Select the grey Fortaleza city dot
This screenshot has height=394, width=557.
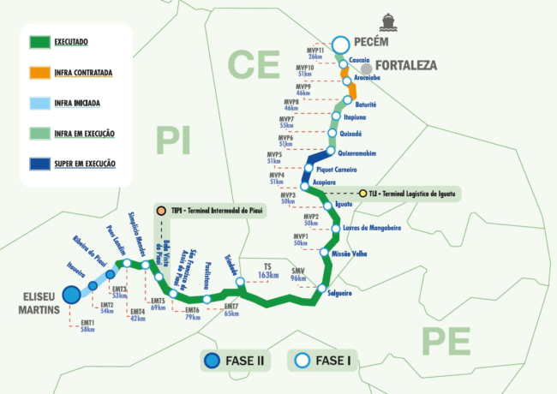(367, 66)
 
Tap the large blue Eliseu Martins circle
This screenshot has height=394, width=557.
(71, 295)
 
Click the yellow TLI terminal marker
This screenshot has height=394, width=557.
(362, 194)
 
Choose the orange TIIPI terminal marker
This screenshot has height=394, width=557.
(160, 210)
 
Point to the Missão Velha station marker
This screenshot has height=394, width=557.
(323, 254)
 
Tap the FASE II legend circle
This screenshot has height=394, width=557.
(210, 361)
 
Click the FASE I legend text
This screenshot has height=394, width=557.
(331, 361)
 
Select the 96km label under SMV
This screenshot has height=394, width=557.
(298, 278)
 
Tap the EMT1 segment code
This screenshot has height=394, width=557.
(87, 322)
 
